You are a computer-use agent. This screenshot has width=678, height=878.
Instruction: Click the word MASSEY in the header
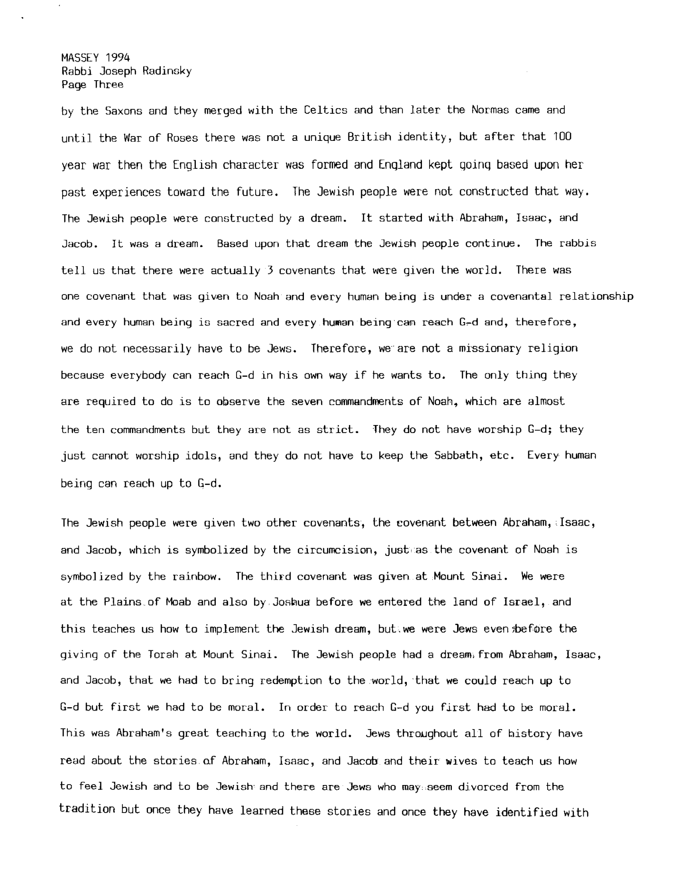tap(80, 58)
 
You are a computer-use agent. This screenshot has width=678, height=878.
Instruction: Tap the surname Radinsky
tap(166, 72)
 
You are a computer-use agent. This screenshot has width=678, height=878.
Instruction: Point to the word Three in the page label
tap(109, 84)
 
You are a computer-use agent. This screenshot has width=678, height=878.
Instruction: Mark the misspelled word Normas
tap(490, 111)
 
